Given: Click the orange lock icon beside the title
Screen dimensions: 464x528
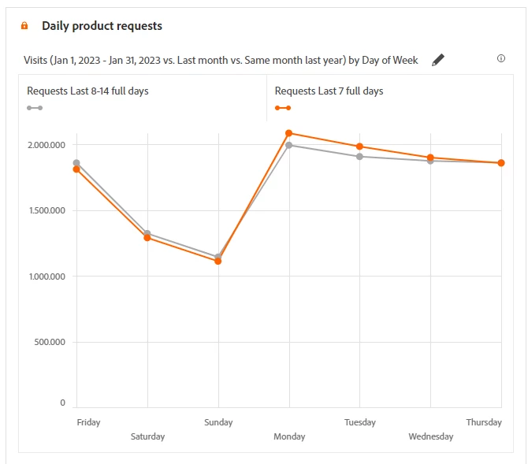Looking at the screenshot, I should coord(24,26).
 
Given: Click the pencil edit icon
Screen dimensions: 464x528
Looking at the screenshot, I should coord(439,60).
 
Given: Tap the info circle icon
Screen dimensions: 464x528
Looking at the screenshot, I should coord(501,58).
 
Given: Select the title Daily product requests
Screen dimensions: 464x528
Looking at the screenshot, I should coord(102,26).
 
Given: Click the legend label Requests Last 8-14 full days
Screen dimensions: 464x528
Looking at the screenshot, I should coord(87,91).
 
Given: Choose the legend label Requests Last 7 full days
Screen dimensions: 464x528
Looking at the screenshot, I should coord(329,91).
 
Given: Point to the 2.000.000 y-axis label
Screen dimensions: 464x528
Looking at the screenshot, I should coord(46,145).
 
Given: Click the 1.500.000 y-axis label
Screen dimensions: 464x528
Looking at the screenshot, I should coord(46,210).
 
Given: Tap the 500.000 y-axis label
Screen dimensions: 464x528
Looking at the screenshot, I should coord(49,342).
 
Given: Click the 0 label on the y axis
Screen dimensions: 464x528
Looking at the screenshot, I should coord(63,403).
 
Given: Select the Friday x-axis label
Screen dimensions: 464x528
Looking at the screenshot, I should coord(88,422).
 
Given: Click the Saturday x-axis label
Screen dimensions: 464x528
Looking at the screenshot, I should coord(147,436).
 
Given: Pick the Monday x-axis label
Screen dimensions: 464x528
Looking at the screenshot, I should coord(289,436).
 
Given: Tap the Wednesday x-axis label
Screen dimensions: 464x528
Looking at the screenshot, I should coord(430,436).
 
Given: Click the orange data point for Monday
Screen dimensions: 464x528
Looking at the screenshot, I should coord(289,133).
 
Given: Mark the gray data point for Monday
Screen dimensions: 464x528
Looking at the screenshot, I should coord(289,145).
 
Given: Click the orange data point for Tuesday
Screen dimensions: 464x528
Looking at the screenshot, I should coord(359,147).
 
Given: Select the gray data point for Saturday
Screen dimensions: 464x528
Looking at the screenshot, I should coord(147,233).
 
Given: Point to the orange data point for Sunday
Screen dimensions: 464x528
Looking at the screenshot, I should coord(218,261).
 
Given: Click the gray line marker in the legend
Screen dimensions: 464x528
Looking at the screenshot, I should coord(35,108).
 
